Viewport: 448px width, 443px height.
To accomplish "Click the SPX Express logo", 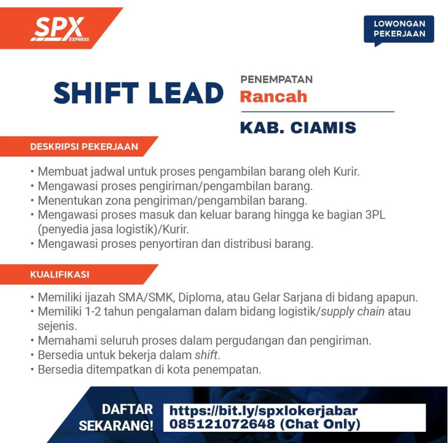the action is [x=60, y=29].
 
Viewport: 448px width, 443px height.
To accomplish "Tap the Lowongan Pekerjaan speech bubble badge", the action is [x=399, y=30].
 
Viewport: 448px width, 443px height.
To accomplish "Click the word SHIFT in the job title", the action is [x=96, y=93].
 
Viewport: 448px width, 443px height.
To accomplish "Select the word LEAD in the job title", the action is [x=186, y=93].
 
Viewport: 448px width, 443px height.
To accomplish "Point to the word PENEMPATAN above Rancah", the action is [x=277, y=79].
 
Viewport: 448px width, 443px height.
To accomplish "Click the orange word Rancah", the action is [x=273, y=96].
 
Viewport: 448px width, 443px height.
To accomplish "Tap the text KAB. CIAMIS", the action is [x=298, y=127].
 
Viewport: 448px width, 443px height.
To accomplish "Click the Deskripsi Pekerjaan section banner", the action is [x=79, y=146].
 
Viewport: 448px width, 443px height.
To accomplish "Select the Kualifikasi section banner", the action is [x=79, y=274].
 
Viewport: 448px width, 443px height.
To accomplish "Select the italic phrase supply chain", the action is [x=353, y=312].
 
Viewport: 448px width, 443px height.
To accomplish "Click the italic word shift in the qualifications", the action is [x=206, y=355].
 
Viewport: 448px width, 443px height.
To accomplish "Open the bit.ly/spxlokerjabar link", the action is [x=263, y=411].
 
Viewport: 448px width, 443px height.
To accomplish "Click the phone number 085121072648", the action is [x=222, y=424].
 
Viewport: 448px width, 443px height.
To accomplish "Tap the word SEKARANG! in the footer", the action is [x=116, y=426].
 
